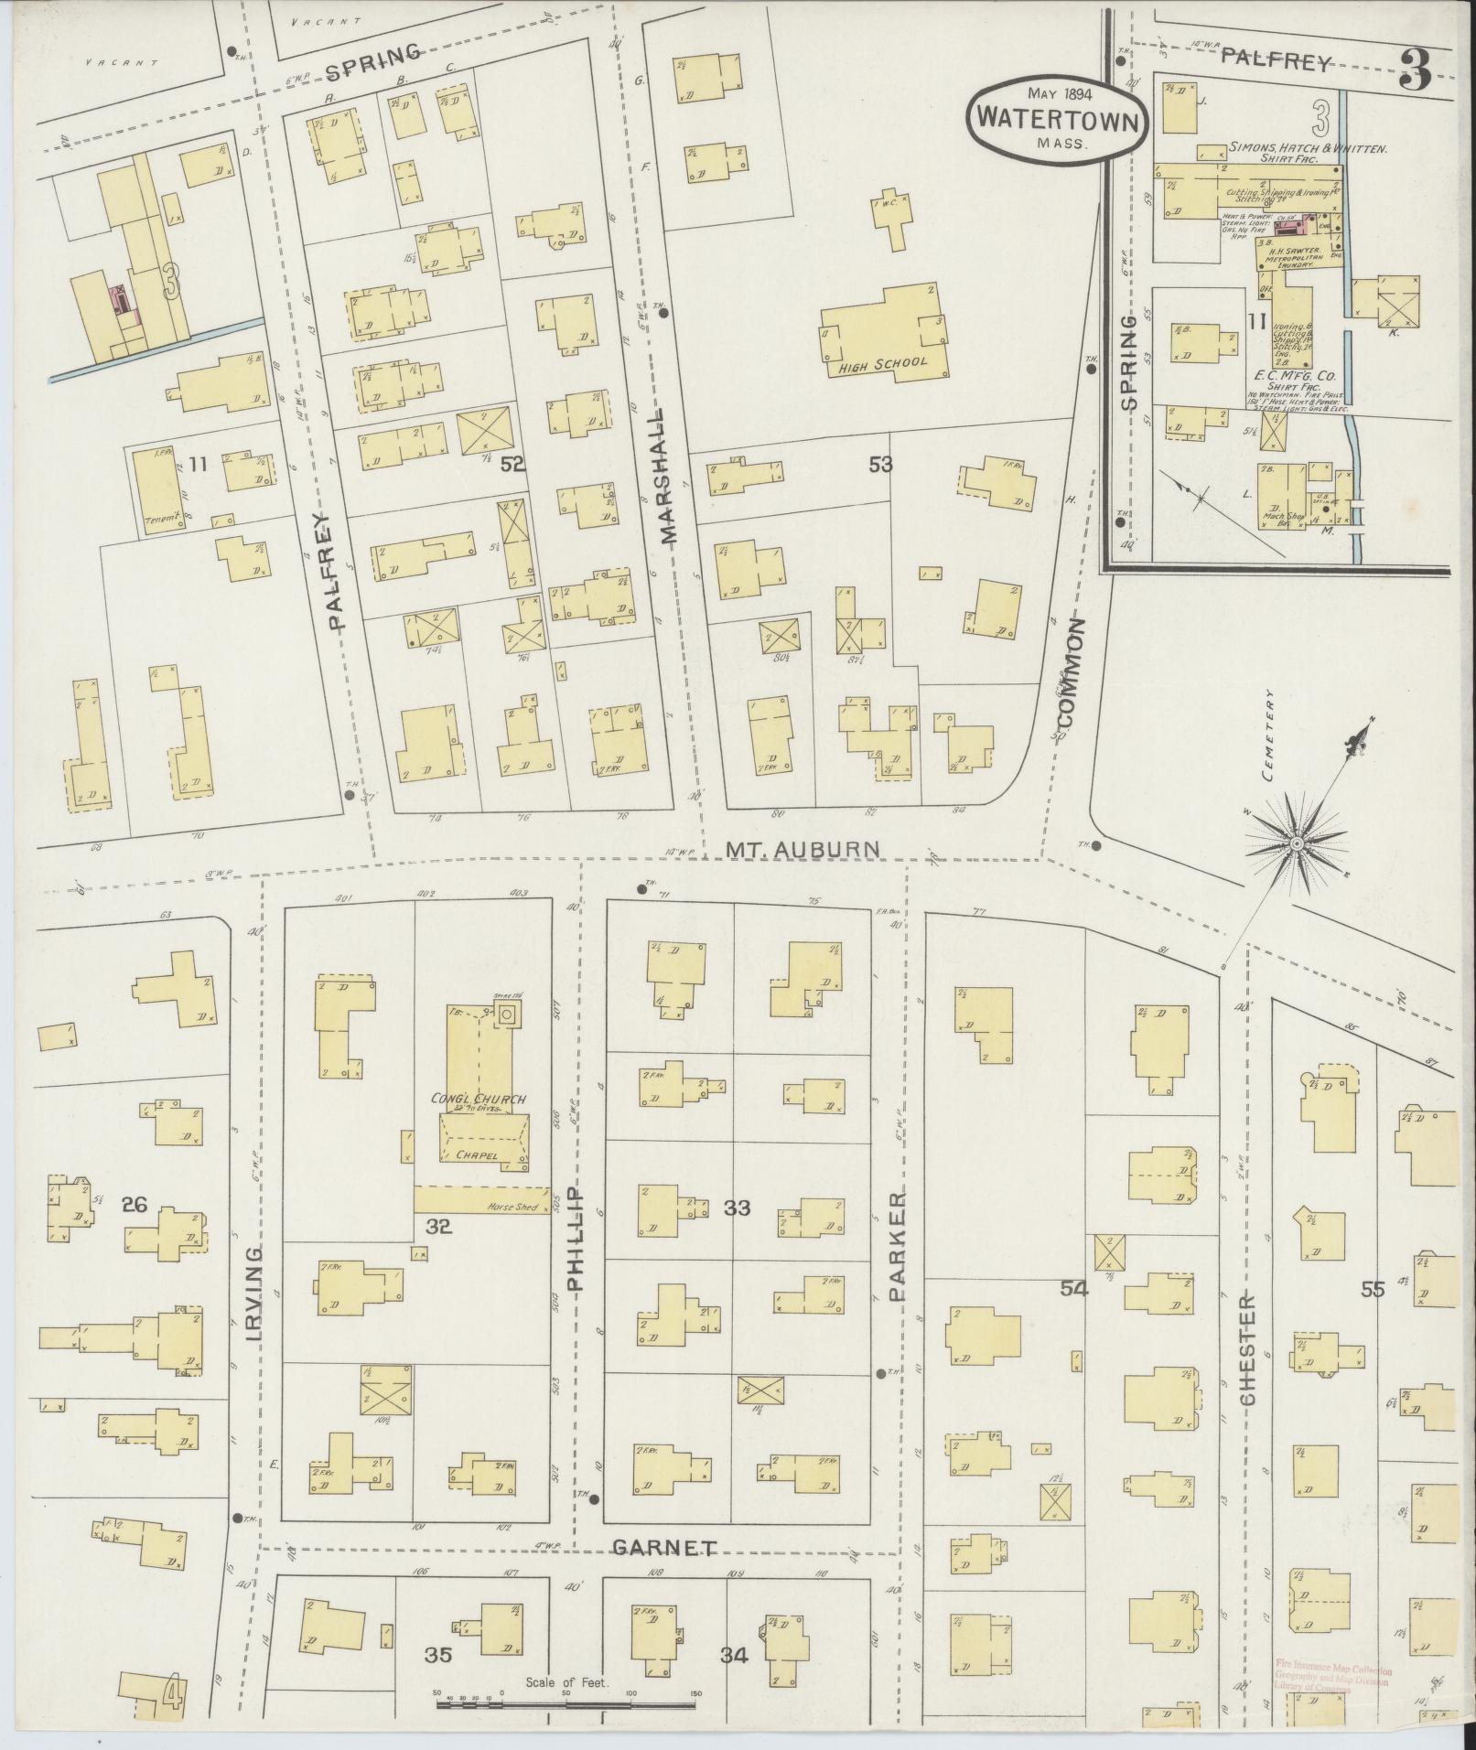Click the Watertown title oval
click(x=1059, y=120)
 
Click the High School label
click(x=883, y=362)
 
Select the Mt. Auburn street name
click(x=803, y=850)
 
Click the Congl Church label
click(x=479, y=1099)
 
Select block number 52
click(x=512, y=465)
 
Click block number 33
click(x=738, y=1208)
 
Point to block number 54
click(x=1074, y=1288)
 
